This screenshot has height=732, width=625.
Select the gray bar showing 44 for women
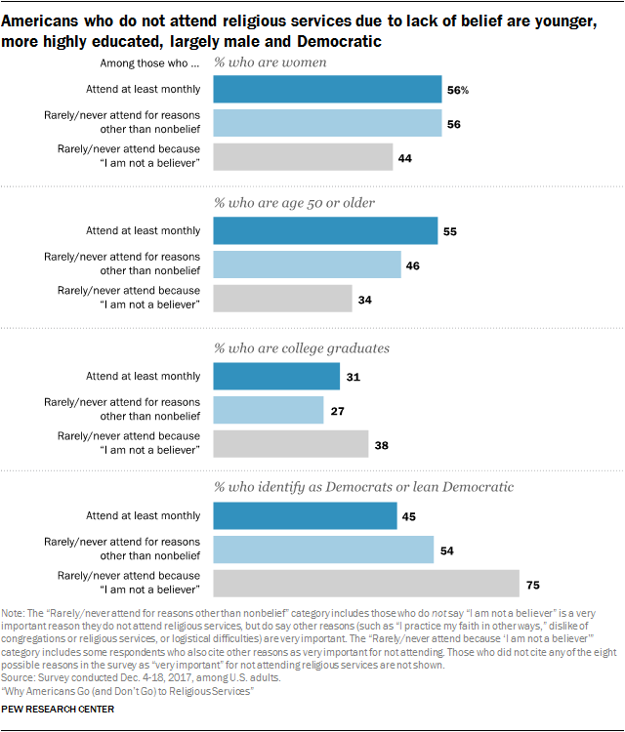coord(303,157)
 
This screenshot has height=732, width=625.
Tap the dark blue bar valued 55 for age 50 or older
coord(324,231)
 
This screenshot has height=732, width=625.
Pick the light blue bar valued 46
coord(307,264)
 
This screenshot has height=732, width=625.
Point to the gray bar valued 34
coord(282,298)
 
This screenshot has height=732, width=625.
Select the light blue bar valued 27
coord(268,409)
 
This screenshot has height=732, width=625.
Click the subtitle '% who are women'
coord(270,64)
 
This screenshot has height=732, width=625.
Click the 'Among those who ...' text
coord(148,64)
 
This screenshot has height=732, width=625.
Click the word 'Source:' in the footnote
coord(19,676)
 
